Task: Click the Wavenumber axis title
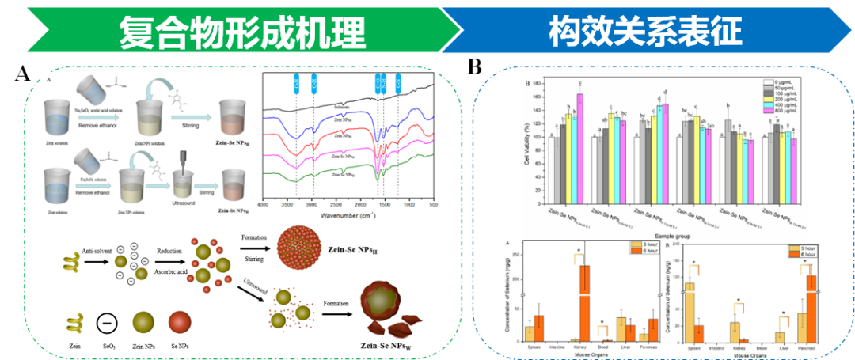pyautogui.click(x=348, y=214)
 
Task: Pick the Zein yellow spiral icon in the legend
pyautogui.click(x=76, y=322)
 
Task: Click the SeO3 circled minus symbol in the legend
pyautogui.click(x=107, y=322)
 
